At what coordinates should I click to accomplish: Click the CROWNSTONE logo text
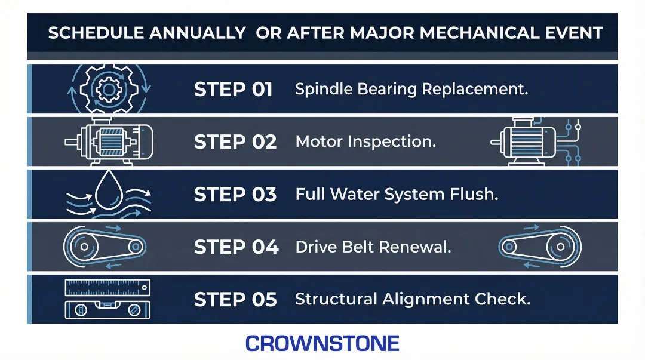(322, 343)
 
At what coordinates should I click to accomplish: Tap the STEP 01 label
(234, 90)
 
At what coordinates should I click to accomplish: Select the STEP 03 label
(235, 195)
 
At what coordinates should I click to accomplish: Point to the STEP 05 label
(235, 299)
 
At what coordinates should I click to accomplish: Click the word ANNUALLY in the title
(196, 33)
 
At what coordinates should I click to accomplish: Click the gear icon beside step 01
(108, 90)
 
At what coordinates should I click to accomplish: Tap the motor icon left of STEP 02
(109, 142)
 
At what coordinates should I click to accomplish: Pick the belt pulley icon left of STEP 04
(104, 247)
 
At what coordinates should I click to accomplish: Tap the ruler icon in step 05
(107, 288)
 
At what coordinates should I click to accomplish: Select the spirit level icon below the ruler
(107, 309)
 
